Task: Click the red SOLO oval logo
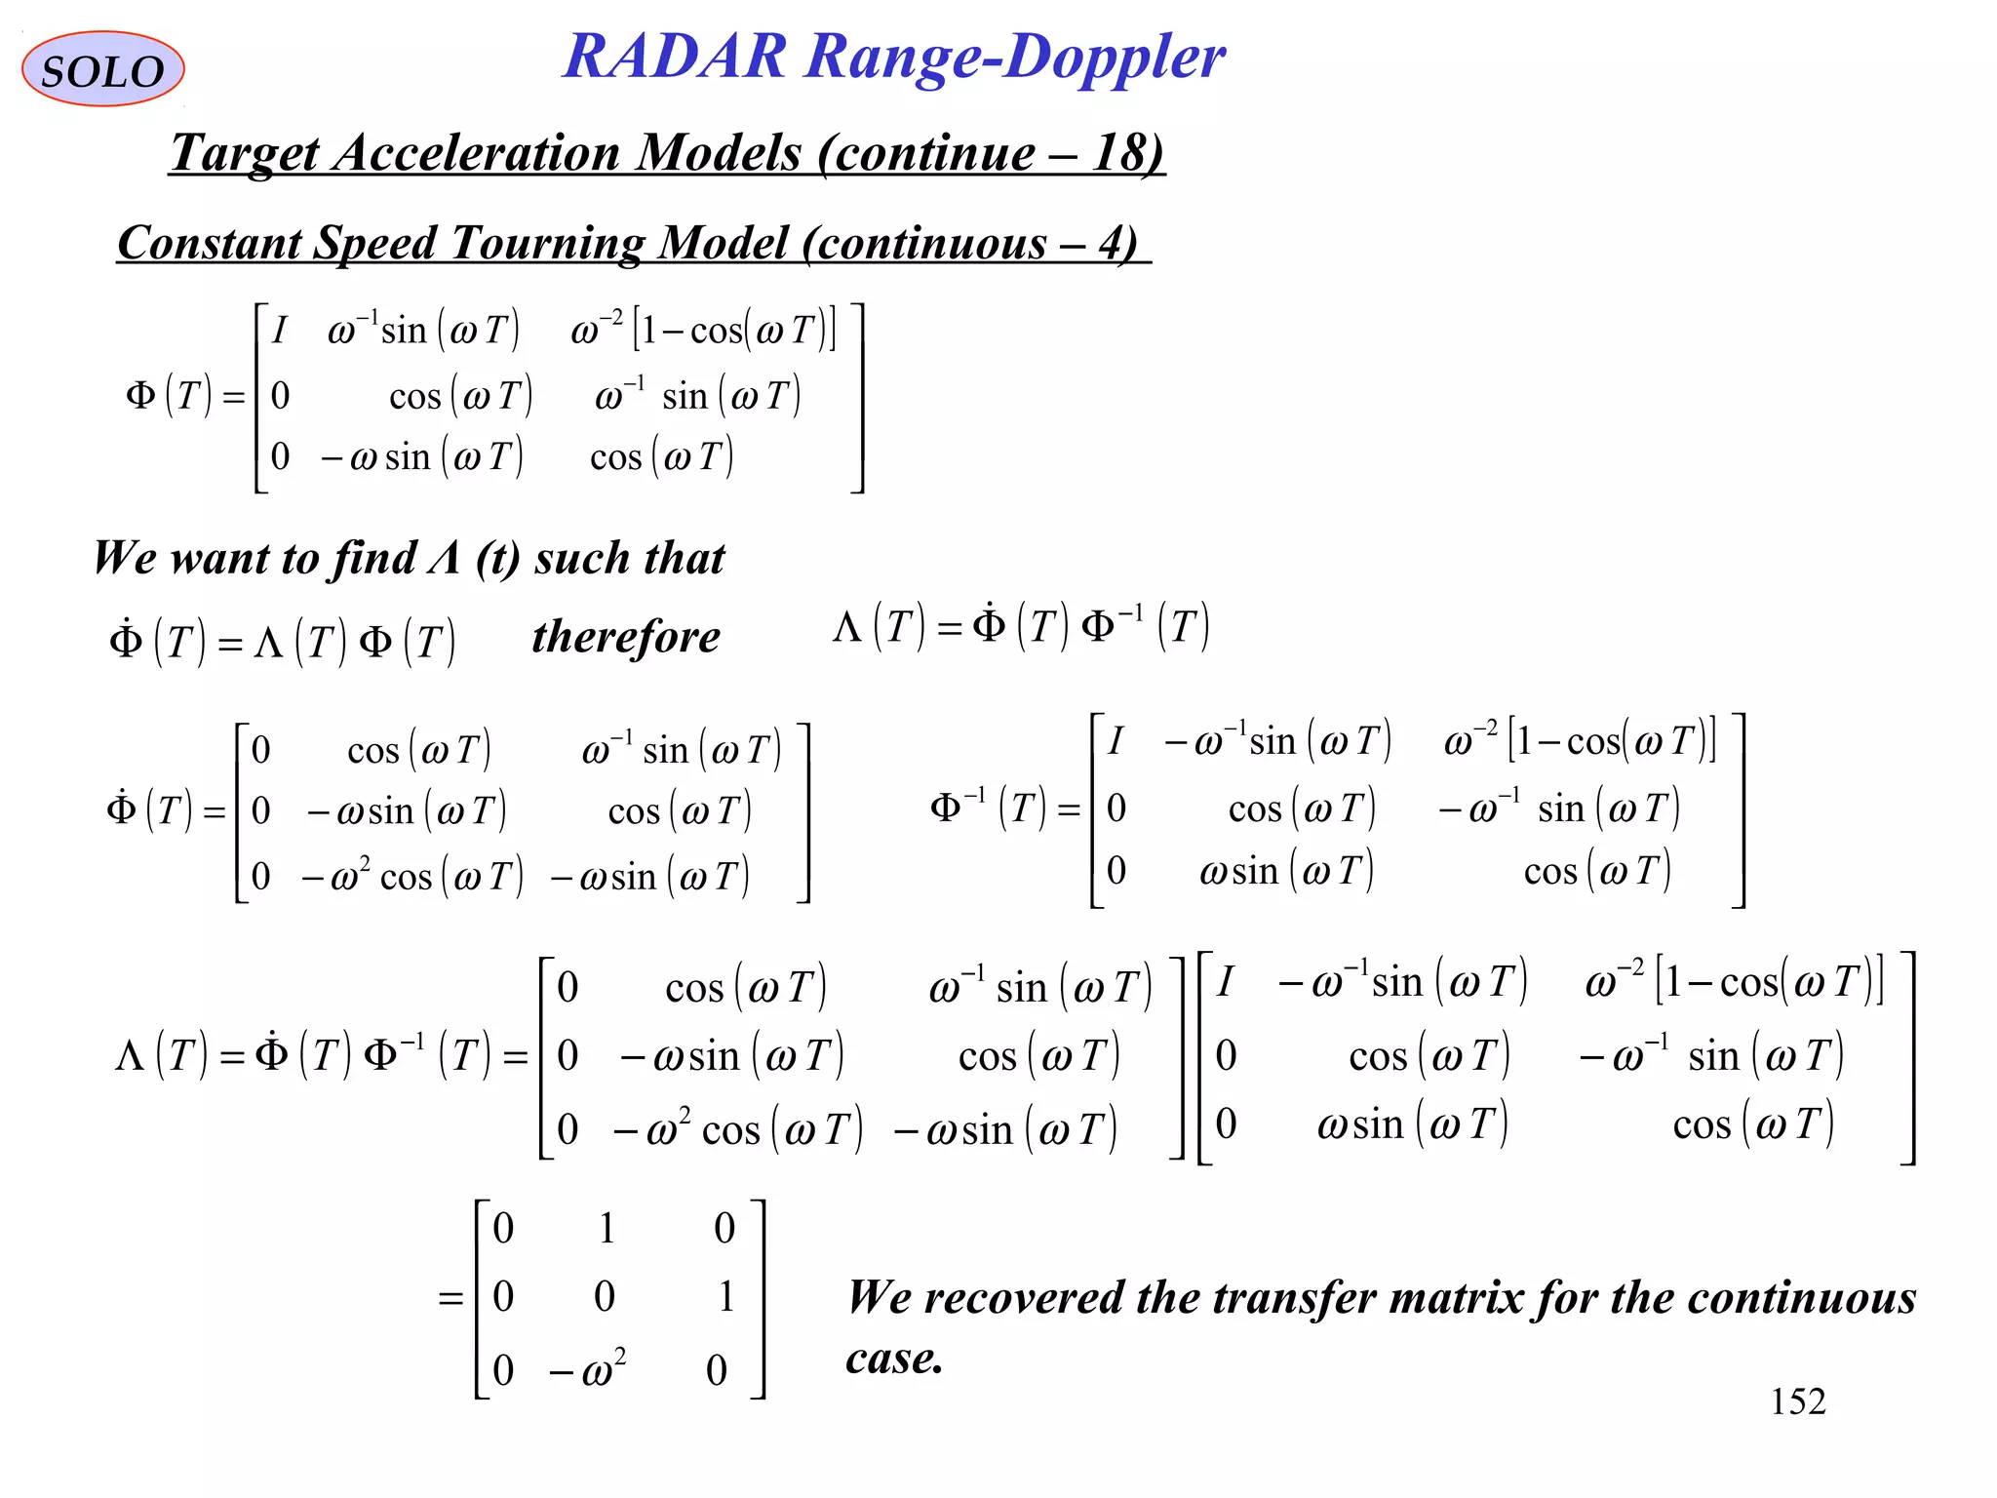pyautogui.click(x=102, y=69)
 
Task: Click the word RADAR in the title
pyautogui.click(x=675, y=56)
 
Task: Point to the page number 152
pyautogui.click(x=1797, y=1401)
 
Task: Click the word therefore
pyautogui.click(x=626, y=637)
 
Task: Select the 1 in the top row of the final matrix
pyautogui.click(x=607, y=1228)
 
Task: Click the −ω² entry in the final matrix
pyautogui.click(x=587, y=1369)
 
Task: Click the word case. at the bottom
pyautogui.click(x=893, y=1358)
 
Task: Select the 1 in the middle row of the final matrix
pyautogui.click(x=725, y=1297)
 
